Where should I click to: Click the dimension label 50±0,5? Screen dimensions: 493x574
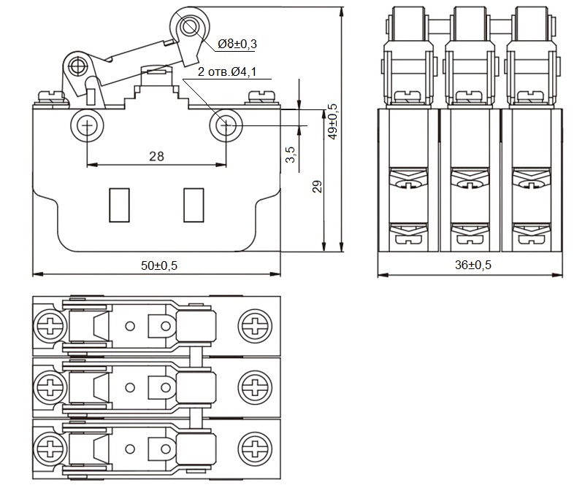tap(159, 265)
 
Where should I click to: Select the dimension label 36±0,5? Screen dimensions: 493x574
tap(473, 265)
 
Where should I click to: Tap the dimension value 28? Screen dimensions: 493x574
tap(156, 155)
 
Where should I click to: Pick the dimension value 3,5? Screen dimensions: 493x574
tap(290, 155)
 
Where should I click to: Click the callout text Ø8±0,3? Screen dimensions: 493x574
tap(237, 44)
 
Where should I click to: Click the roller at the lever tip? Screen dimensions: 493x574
tap(190, 28)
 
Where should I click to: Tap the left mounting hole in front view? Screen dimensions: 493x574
tap(88, 127)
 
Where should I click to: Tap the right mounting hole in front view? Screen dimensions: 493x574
tap(226, 126)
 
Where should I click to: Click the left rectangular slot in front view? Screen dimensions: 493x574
tap(118, 204)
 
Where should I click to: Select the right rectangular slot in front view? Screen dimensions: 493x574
tap(194, 204)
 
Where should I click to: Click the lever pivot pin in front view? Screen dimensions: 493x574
tap(77, 68)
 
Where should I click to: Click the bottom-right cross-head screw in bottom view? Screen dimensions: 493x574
tap(257, 446)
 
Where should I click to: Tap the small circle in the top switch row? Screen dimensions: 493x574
tap(130, 327)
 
